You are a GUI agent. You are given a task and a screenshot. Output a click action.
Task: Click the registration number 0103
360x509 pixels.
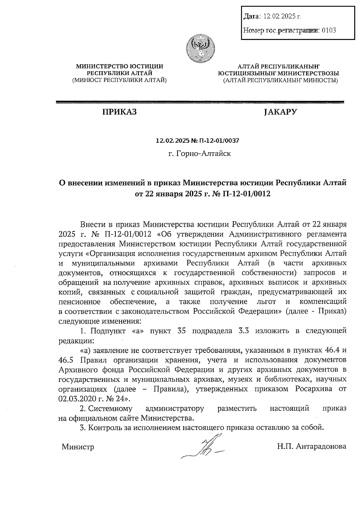[328, 30]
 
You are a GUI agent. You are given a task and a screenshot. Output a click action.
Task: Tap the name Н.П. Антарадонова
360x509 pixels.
[312, 447]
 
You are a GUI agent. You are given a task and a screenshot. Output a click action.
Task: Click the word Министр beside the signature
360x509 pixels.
[78, 447]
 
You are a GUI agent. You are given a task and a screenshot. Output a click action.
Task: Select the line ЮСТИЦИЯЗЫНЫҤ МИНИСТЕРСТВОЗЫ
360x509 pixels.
[279, 73]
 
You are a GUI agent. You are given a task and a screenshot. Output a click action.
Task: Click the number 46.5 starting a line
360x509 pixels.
[66, 360]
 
